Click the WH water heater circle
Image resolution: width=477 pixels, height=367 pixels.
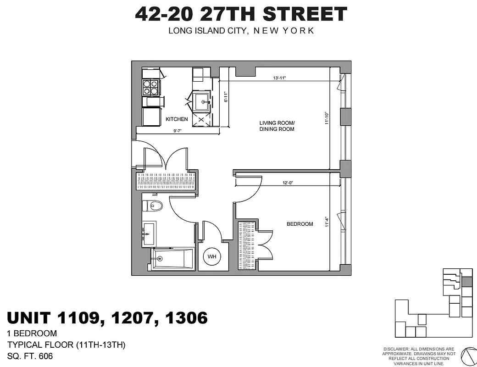pyautogui.click(x=212, y=256)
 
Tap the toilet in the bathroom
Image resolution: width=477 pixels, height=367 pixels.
pyautogui.click(x=153, y=206)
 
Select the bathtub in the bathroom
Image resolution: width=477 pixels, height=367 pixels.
pyautogui.click(x=172, y=259)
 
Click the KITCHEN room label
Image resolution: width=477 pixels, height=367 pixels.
pyautogui.click(x=177, y=119)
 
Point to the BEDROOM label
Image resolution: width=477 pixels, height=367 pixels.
pyautogui.click(x=300, y=224)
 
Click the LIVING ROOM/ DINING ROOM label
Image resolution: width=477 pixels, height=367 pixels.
pyautogui.click(x=277, y=126)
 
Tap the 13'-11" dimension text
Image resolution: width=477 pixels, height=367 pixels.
pyautogui.click(x=279, y=78)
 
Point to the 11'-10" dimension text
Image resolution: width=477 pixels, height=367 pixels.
pyautogui.click(x=327, y=118)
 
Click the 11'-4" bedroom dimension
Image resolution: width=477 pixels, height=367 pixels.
pyautogui.click(x=327, y=222)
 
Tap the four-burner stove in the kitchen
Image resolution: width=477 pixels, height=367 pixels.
pyautogui.click(x=150, y=87)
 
